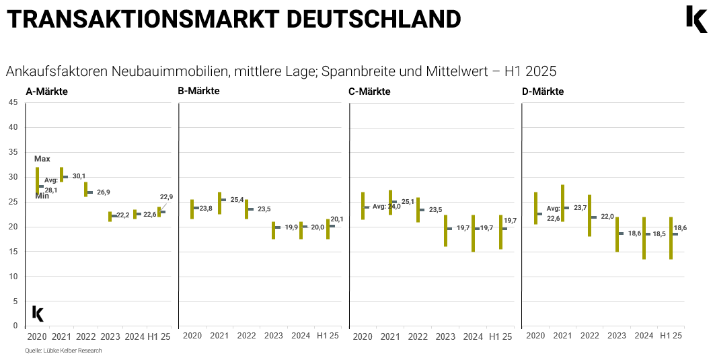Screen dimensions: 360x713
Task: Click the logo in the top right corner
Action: tap(696, 19)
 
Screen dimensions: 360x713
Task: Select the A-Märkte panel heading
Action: tap(46, 92)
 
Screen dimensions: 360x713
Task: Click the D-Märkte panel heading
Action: tap(543, 92)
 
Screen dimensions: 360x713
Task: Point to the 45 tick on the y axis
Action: tap(13, 102)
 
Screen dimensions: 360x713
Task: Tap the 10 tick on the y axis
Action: tap(13, 277)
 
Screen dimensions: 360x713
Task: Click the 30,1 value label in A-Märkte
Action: tap(79, 176)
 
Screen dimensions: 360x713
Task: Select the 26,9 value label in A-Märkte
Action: tap(104, 192)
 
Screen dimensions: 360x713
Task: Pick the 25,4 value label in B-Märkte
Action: tap(237, 200)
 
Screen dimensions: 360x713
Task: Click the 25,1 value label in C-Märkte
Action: tap(408, 201)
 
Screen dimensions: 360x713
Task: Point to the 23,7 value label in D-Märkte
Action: tap(580, 208)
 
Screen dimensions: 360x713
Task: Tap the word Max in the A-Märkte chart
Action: tap(42, 159)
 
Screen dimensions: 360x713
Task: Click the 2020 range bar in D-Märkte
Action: tap(535, 208)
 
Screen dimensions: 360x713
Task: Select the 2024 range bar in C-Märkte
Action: tap(473, 233)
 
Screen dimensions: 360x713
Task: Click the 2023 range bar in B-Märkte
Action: tap(273, 230)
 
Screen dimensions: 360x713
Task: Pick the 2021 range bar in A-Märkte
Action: tap(61, 174)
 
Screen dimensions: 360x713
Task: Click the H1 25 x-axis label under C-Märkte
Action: tap(500, 336)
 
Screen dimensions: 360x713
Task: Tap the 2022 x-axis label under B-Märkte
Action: tap(247, 336)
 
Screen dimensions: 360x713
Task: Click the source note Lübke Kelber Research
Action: tap(64, 351)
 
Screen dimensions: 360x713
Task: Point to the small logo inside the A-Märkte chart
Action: tap(38, 313)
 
